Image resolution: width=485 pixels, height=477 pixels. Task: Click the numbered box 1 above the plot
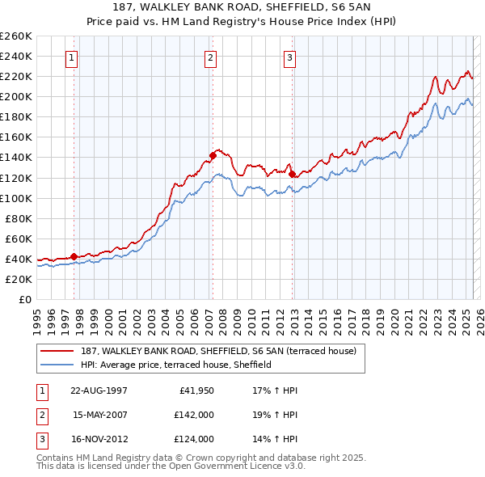pyautogui.click(x=73, y=57)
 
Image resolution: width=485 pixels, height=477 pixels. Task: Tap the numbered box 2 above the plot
pyautogui.click(x=210, y=57)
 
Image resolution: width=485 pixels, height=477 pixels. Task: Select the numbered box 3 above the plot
pyautogui.click(x=289, y=57)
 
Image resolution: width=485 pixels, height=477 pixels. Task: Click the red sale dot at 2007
pyautogui.click(x=213, y=154)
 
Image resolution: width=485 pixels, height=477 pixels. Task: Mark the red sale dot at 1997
pyautogui.click(x=74, y=256)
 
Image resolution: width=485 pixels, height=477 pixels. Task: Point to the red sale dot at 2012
pyautogui.click(x=292, y=173)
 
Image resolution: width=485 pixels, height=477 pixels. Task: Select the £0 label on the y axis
pyautogui.click(x=26, y=299)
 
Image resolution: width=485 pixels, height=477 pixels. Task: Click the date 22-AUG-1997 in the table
pyautogui.click(x=99, y=390)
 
